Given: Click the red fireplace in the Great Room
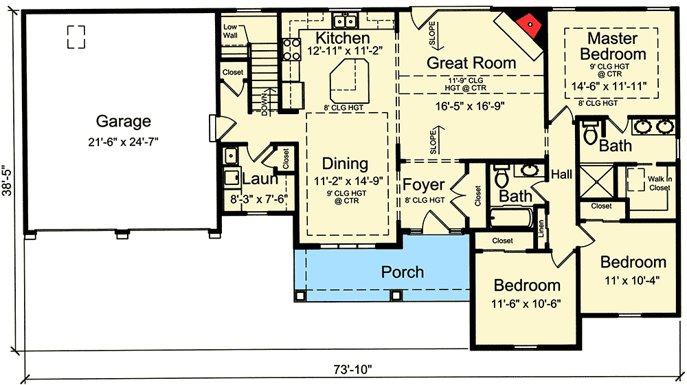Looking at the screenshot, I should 530,25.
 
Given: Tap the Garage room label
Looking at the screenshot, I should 123,122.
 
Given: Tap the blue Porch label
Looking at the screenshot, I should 403,272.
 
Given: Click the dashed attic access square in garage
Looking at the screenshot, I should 76,36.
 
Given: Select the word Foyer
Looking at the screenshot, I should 423,185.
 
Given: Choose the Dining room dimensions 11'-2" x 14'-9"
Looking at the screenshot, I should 346,181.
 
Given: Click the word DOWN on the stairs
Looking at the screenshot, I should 265,102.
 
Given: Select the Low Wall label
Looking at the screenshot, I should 230,31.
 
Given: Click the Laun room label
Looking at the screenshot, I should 260,179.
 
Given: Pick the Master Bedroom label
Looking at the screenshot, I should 612,46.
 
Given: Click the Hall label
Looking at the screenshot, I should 561,175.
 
